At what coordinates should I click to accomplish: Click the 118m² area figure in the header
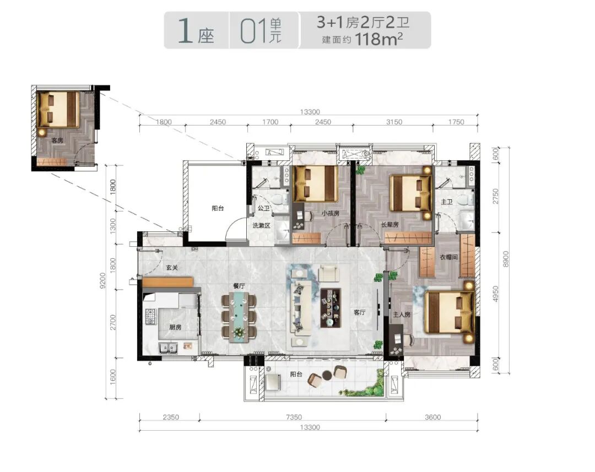[x=378, y=39]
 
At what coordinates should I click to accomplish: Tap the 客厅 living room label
[x=359, y=312]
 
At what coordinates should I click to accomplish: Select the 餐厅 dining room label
[x=239, y=286]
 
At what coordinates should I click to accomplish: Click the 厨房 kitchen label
[x=175, y=327]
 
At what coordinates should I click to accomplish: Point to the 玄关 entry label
[x=172, y=268]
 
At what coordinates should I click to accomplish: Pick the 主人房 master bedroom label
[x=402, y=314]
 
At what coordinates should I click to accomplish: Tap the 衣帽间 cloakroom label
[x=448, y=257]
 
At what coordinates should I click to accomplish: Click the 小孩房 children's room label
[x=330, y=213]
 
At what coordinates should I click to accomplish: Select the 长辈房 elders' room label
[x=390, y=225]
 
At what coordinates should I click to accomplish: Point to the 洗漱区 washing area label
[x=262, y=225]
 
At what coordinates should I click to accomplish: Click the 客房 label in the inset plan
[x=57, y=140]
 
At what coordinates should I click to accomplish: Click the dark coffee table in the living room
[x=331, y=308]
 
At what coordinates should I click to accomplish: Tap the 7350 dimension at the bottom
[x=294, y=417]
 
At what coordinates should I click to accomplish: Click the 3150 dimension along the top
[x=394, y=122]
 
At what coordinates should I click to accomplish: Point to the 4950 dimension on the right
[x=495, y=294]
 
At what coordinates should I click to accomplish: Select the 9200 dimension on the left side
[x=103, y=281]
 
